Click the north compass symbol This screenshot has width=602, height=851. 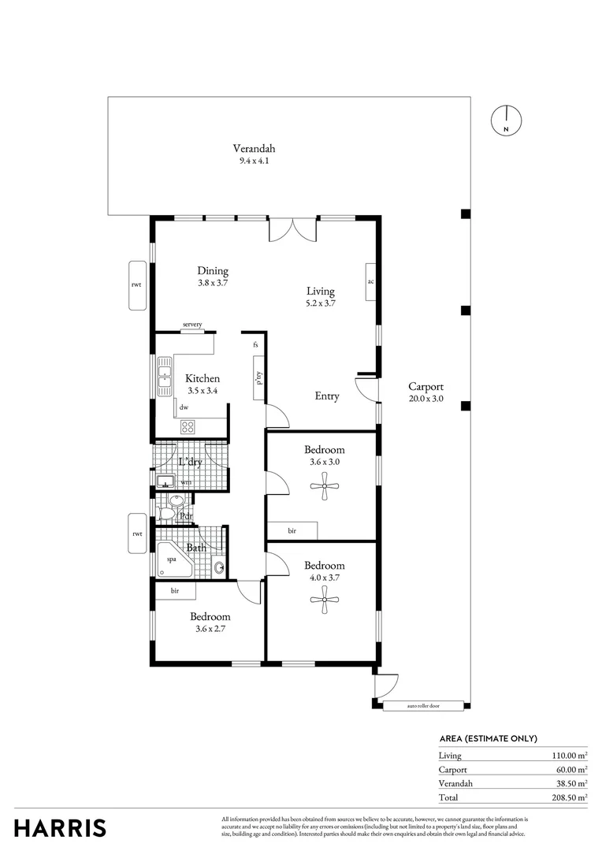(507, 121)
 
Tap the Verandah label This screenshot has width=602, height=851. (254, 148)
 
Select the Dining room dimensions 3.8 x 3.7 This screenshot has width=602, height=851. (213, 283)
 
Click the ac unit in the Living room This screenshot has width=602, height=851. (370, 281)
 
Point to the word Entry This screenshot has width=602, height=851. (327, 396)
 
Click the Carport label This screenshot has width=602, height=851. (425, 387)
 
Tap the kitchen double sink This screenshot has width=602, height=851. (165, 377)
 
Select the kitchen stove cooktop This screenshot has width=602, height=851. (188, 426)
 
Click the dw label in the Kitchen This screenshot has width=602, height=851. (184, 407)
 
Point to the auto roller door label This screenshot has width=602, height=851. (422, 706)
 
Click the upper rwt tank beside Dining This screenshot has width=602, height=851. (137, 285)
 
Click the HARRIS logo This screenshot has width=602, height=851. (60, 827)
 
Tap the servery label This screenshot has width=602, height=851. (192, 325)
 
